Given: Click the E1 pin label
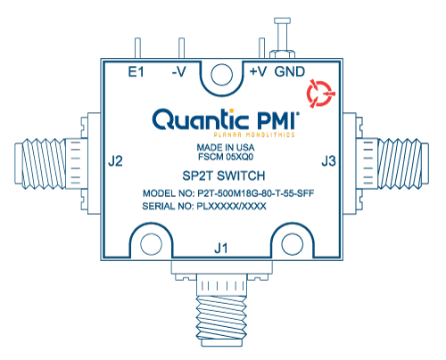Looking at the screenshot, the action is (x=136, y=72).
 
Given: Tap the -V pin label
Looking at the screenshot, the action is (x=179, y=72).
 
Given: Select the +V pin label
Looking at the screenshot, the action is (x=258, y=72).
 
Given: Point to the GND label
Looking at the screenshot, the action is (x=290, y=72).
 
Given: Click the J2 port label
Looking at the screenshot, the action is (x=115, y=161).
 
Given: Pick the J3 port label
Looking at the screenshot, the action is (x=328, y=161).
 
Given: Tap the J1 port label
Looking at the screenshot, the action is (x=221, y=248).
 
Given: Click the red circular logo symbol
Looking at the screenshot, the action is (x=320, y=94).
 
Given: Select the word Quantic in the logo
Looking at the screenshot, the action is (x=200, y=119).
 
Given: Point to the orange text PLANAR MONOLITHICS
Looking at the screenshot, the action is (x=254, y=135).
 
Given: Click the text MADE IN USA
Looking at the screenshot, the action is (x=226, y=147).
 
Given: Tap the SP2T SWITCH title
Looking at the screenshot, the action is (x=224, y=176).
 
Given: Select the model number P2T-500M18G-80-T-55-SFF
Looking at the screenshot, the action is (x=256, y=193).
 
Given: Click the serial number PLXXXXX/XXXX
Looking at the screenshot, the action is (x=231, y=206).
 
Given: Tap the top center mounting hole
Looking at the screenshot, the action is (x=221, y=74).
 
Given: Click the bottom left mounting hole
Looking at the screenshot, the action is (x=151, y=244).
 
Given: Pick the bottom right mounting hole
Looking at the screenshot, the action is (x=293, y=244).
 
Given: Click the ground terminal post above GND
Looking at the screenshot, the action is (x=282, y=37).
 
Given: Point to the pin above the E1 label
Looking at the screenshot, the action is (x=137, y=48).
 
